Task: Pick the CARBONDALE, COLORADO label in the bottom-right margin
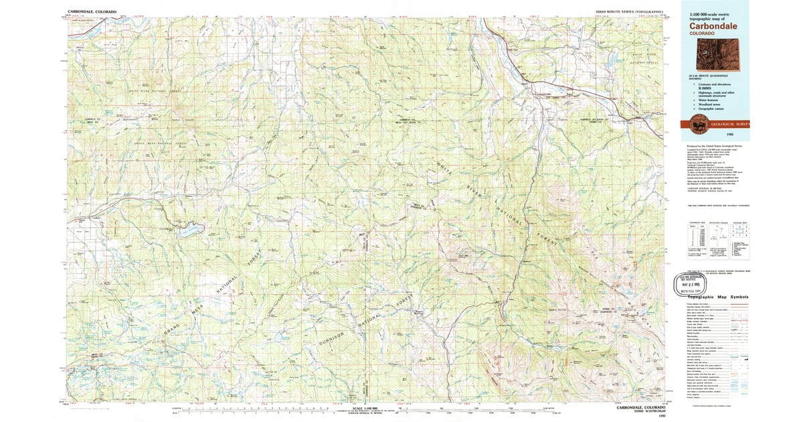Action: pos(640,407)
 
